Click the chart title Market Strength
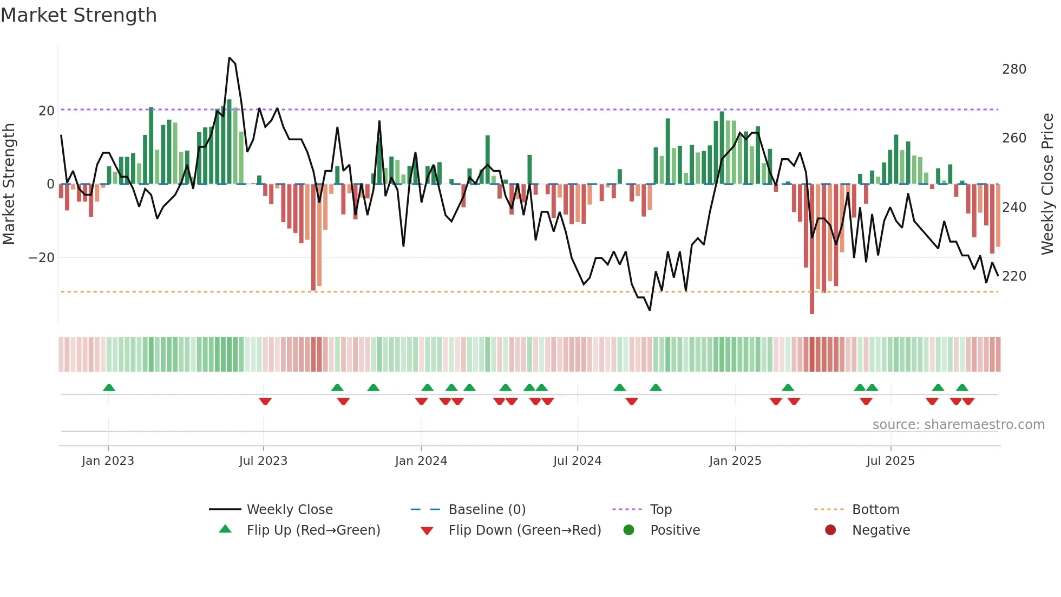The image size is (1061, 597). (78, 15)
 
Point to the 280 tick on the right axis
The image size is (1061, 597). (1014, 69)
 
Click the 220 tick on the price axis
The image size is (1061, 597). (1014, 276)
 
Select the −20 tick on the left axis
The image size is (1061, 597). (42, 258)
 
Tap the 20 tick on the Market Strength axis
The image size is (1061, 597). (47, 111)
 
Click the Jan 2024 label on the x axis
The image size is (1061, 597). (421, 461)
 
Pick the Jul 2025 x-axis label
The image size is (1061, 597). (890, 461)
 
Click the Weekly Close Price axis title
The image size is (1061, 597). (1048, 184)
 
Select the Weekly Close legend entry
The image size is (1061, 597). (290, 510)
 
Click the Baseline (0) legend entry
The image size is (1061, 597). (487, 510)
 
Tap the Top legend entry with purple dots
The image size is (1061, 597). (660, 510)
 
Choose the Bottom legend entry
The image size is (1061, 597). (875, 510)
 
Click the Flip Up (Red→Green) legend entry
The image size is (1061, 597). (313, 530)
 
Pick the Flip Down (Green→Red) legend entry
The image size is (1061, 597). (525, 530)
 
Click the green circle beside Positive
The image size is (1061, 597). (628, 530)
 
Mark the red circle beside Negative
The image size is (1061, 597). (830, 530)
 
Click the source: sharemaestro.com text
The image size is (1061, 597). (958, 425)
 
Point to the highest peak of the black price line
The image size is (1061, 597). (230, 58)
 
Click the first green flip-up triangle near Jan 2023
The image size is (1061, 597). (109, 387)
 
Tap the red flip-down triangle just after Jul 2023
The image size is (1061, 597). (265, 401)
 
